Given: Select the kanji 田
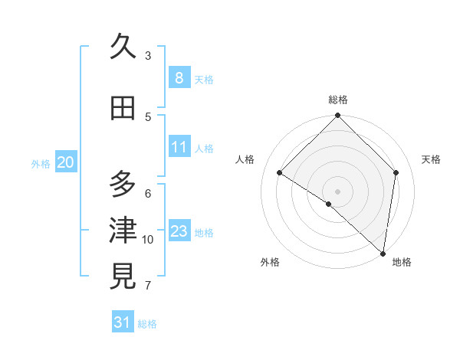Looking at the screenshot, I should click(123, 109).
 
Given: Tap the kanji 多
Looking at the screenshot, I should click(123, 185).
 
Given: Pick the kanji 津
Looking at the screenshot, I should click(123, 231).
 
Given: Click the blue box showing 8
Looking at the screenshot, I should click(179, 77).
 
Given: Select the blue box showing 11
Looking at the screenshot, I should click(179, 146).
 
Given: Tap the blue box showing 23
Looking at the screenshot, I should click(179, 231).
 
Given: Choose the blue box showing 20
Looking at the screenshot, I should click(66, 162).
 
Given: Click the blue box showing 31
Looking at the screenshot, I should click(123, 322).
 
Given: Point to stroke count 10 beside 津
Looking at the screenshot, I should click(148, 240).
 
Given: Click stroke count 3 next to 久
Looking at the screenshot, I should click(148, 55).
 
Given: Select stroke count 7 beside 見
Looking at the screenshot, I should click(148, 286).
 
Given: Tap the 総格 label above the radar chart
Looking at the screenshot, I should click(338, 100).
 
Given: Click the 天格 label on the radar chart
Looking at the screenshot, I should click(432, 159).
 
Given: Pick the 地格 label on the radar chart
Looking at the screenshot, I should click(402, 262).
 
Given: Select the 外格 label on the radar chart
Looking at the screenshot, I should click(270, 262).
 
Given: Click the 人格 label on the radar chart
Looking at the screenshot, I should click(245, 159).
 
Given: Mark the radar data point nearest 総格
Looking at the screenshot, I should click(338, 116).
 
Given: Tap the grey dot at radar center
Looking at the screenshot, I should click(338, 191).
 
